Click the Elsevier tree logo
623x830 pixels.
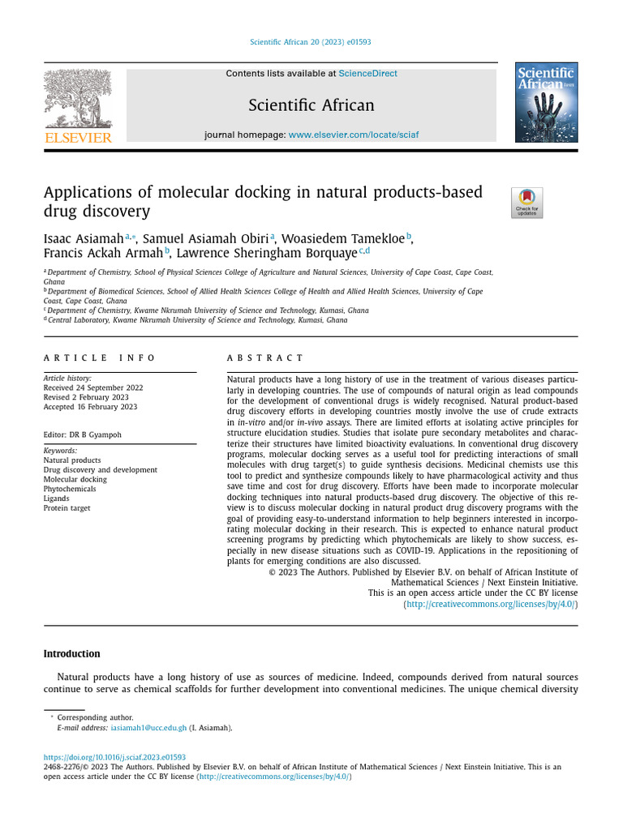[x=78, y=98]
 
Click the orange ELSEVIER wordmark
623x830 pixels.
[x=78, y=138]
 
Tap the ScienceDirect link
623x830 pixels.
[x=367, y=74]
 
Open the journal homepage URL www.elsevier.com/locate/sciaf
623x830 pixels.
[x=354, y=135]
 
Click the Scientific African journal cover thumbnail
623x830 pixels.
[x=546, y=102]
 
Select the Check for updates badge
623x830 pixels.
[x=526, y=203]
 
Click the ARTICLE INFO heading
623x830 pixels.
[x=99, y=357]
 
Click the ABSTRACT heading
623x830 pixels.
[x=265, y=357]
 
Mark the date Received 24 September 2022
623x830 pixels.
[x=93, y=387]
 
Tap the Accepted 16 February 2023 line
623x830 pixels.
[x=90, y=406]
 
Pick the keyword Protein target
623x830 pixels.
[x=67, y=508]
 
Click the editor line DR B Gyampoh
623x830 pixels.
[x=83, y=434]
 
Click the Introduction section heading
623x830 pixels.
[x=71, y=653]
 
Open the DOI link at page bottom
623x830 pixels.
[x=114, y=757]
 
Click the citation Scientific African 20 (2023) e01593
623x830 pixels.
[x=311, y=42]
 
